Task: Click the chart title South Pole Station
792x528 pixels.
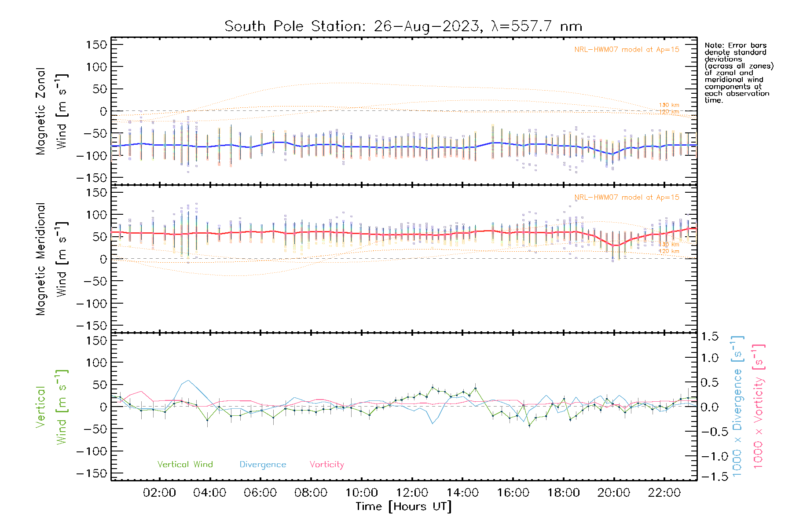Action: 403,26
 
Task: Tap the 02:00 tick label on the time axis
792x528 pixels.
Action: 159,493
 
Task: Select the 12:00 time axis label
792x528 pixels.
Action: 412,493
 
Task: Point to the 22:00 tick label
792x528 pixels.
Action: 664,493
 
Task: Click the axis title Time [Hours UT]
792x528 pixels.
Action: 403,506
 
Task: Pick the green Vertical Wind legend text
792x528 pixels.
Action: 185,465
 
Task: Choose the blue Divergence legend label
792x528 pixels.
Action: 263,465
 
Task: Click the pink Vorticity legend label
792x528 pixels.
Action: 326,465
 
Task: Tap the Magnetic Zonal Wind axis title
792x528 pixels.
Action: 51,111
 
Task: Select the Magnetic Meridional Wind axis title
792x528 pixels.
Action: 51,259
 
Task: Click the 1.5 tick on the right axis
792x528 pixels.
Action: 710,337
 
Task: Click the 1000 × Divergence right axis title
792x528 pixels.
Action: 737,406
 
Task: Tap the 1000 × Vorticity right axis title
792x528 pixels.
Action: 759,406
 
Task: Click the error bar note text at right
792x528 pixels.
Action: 738,73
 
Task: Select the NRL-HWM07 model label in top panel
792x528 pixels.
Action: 627,50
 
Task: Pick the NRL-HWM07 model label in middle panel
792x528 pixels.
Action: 627,198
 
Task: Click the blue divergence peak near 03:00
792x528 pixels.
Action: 188,381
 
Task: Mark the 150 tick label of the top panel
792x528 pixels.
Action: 97,45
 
